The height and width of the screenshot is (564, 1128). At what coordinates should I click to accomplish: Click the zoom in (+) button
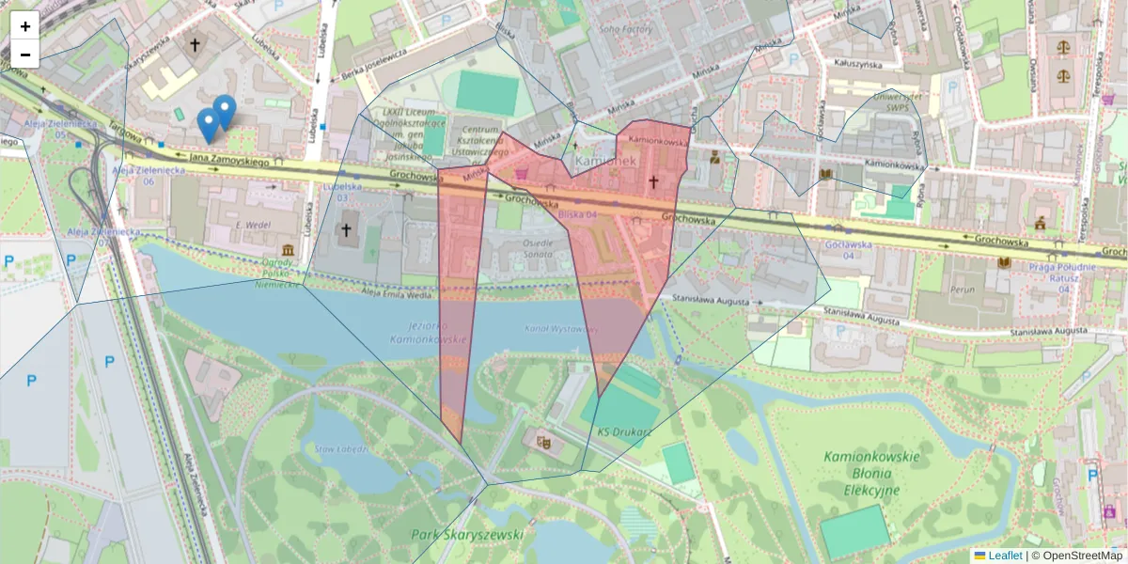[25, 26]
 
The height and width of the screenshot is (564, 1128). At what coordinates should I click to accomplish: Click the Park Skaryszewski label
[467, 534]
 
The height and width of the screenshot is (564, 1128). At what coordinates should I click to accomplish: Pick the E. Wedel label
[253, 225]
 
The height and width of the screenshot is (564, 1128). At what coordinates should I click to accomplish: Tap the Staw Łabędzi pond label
[339, 447]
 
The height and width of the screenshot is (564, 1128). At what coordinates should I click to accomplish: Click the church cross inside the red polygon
[653, 182]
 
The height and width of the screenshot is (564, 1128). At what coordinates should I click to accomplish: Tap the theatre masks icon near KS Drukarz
[542, 439]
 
